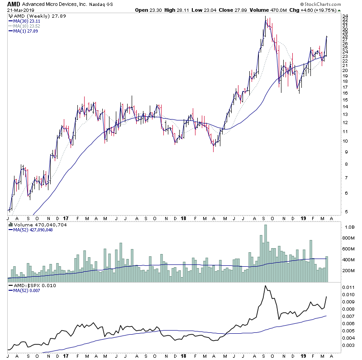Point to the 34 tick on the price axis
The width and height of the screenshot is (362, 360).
[x=345, y=17]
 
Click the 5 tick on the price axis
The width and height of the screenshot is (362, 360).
[x=345, y=211]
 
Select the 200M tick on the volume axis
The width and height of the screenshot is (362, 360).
[x=348, y=271]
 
